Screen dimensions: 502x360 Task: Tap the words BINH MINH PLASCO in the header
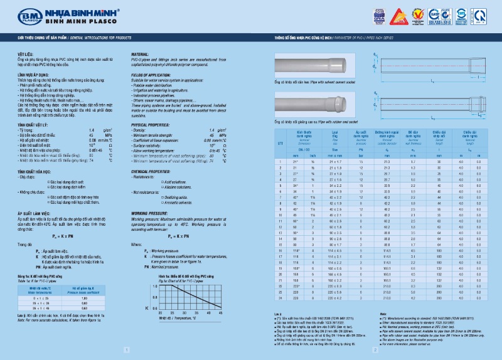tap(75, 20)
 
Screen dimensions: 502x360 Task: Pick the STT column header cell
tap(281, 144)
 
